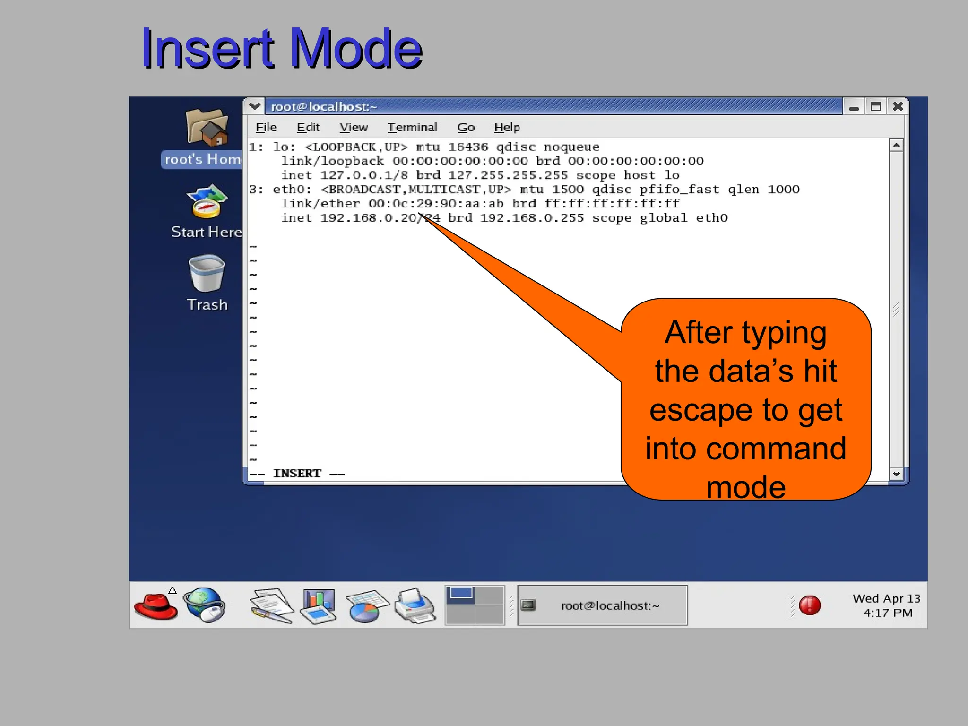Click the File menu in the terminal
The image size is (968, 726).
266,128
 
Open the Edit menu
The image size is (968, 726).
308,128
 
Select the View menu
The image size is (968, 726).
353,128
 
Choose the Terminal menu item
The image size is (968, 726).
412,128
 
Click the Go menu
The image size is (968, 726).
466,128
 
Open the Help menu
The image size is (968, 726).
507,128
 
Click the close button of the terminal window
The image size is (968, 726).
898,107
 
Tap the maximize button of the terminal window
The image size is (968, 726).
875,107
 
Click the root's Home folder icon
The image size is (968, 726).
207,128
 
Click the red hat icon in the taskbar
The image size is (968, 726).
156,605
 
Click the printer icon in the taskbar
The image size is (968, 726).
415,605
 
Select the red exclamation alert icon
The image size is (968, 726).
810,605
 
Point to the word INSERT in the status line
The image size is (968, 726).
297,474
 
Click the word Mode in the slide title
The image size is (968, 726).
355,49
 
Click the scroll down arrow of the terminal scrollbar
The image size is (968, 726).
896,474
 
